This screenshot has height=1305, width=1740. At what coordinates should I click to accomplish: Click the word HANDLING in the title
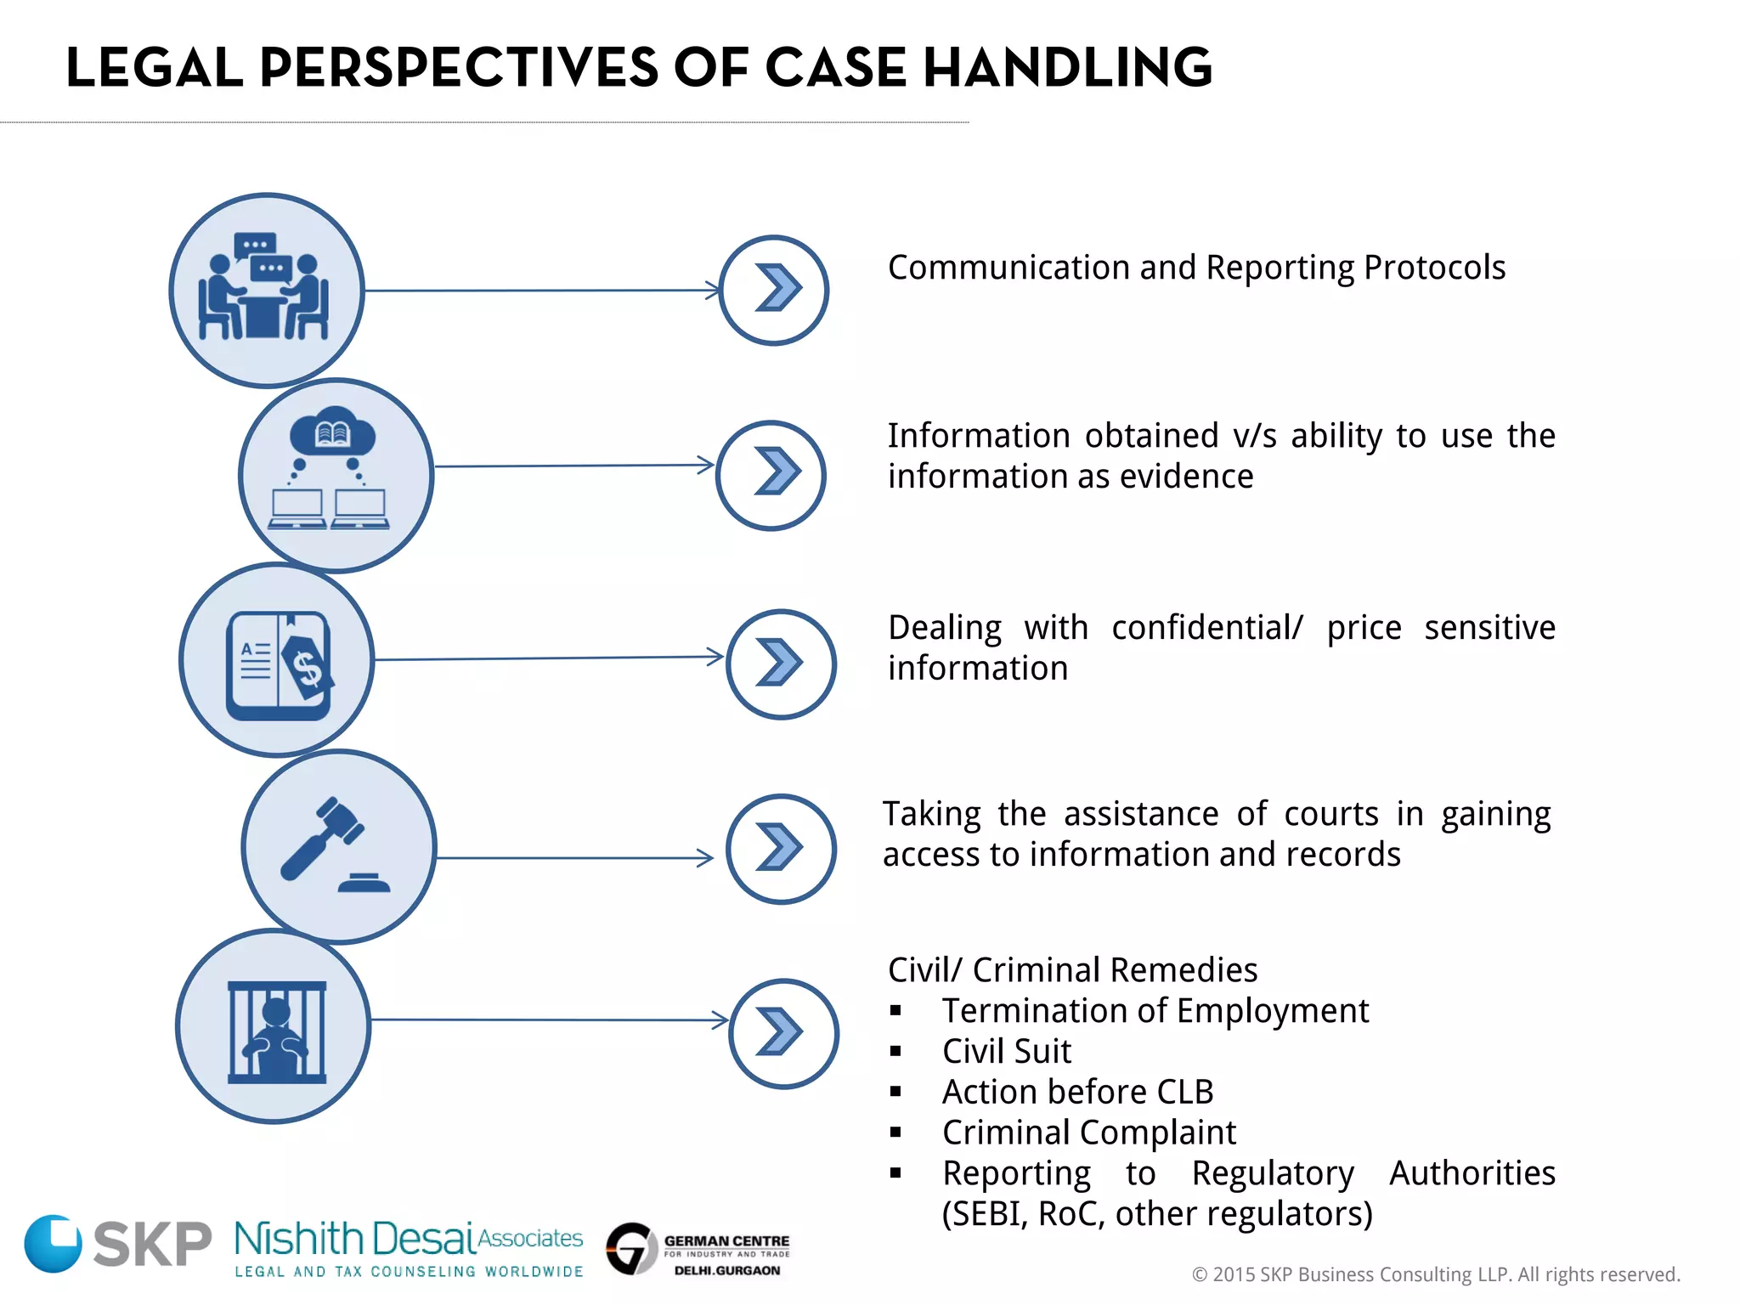1067,68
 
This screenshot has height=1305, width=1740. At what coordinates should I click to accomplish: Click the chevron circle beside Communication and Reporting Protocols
773,290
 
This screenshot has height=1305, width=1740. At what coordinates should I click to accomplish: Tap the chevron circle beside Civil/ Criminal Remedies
783,1033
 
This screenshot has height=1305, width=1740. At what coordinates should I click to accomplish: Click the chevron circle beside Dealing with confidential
781,664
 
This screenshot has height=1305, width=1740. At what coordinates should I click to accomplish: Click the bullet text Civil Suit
1006,1052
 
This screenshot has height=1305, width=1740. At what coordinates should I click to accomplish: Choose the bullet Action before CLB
1077,1092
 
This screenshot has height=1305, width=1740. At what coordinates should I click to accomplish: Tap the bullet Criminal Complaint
1088,1133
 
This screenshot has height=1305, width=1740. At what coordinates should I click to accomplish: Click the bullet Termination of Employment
1155,1011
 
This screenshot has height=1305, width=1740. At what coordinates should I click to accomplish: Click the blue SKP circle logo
53,1243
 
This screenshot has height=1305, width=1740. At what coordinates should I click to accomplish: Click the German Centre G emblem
631,1248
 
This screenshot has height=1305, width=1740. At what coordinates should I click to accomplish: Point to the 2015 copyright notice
1436,1274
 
